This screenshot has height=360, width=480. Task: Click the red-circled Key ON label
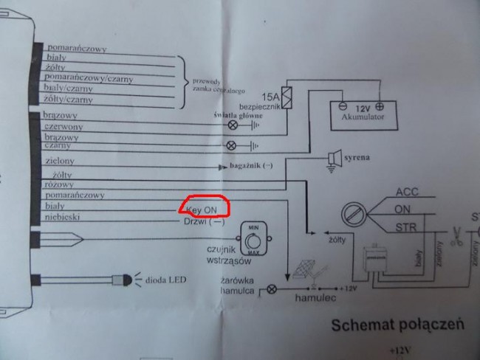coord(202,209)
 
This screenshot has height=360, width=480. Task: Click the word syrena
coord(357,158)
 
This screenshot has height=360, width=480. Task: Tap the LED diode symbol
coord(122,280)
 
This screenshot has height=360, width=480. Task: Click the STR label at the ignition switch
coord(407,226)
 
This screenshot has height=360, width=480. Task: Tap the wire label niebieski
coord(64,218)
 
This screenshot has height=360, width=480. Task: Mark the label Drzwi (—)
coord(208,221)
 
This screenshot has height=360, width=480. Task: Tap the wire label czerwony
coord(64,126)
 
